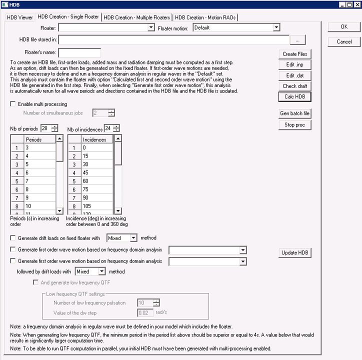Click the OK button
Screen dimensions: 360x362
[x=344, y=27]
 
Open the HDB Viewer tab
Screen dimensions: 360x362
[x=19, y=17]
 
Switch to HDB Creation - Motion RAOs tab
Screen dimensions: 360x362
[x=205, y=17]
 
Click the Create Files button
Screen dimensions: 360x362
[x=295, y=54]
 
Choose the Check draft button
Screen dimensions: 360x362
[x=295, y=86]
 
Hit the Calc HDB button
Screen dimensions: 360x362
[x=295, y=97]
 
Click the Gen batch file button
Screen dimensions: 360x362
[x=295, y=113]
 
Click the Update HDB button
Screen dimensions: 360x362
[x=295, y=252]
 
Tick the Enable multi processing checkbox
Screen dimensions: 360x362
[x=13, y=104]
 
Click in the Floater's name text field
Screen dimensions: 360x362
[x=79, y=52]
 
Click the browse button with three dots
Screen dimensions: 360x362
[x=297, y=39]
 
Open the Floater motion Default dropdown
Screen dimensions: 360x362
[x=236, y=28]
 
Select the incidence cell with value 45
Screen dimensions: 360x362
[x=97, y=173]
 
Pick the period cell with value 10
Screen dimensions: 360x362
[x=39, y=205]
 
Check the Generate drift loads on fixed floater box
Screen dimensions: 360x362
[x=13, y=238]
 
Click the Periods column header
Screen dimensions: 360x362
[x=39, y=139]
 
